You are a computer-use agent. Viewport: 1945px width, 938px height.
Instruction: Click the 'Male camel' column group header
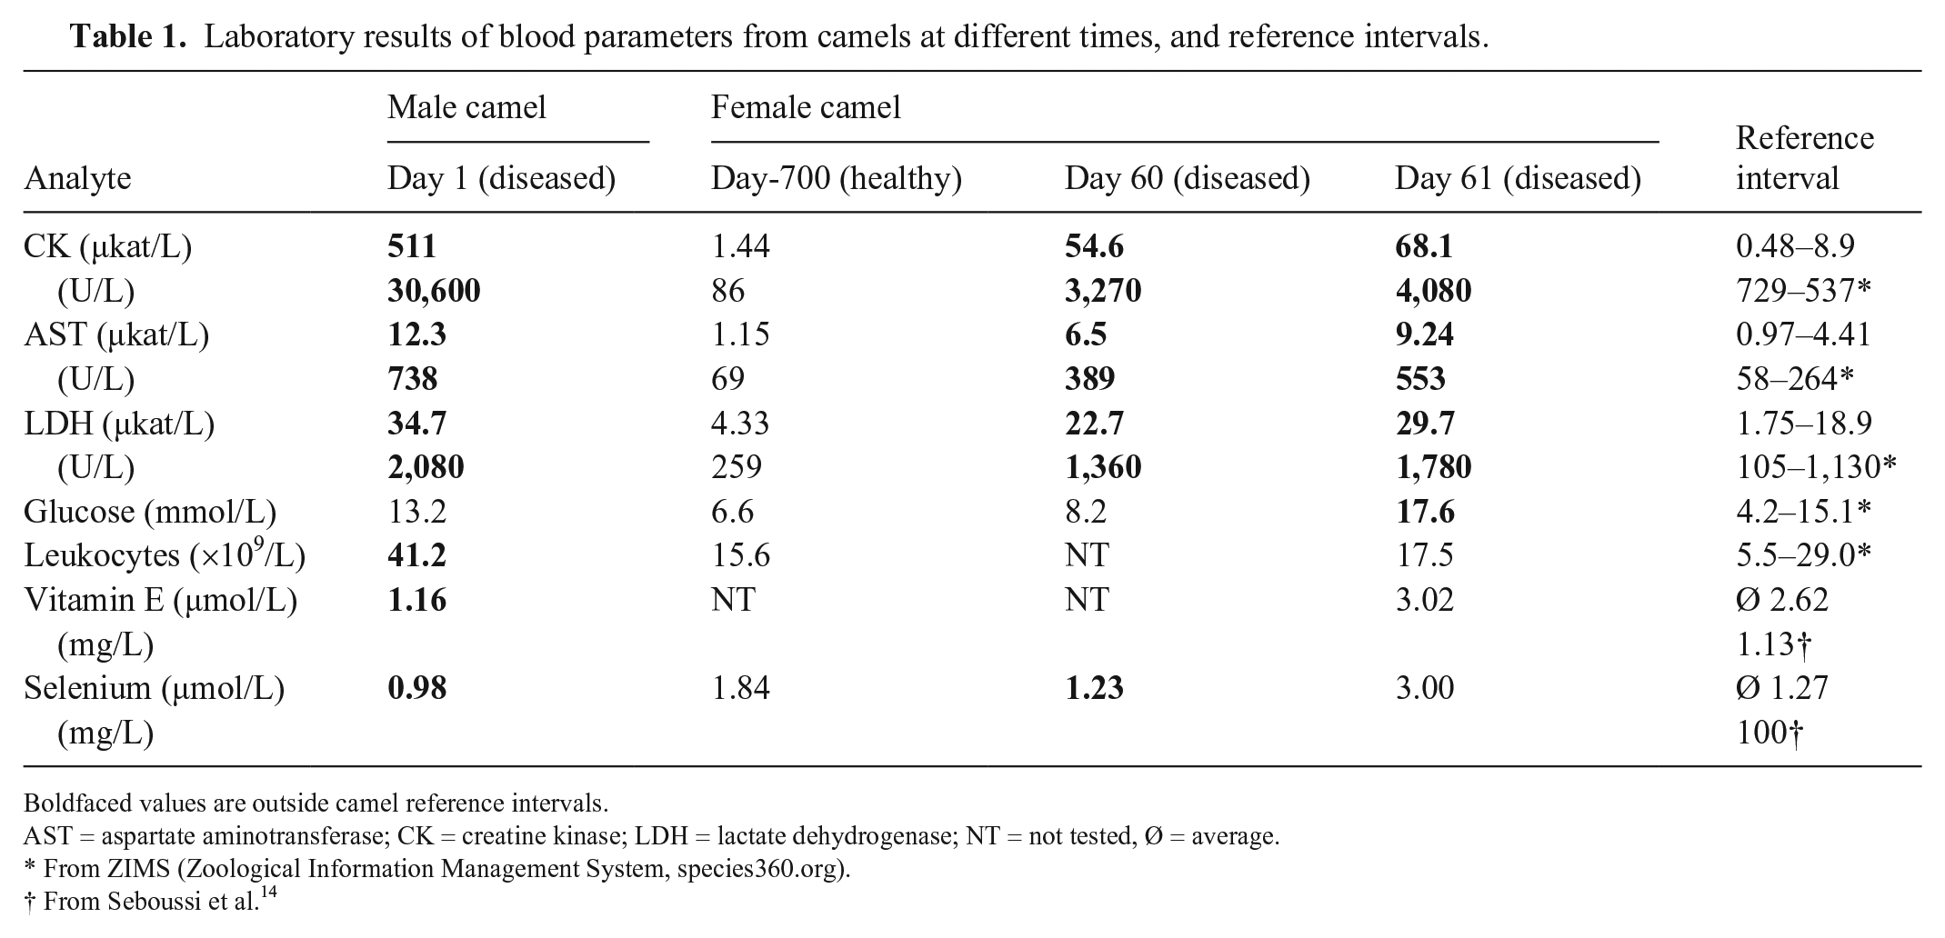(466, 107)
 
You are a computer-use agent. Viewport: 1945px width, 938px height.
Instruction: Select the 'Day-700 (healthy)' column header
(836, 178)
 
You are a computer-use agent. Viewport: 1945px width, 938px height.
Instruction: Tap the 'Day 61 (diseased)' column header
(1518, 178)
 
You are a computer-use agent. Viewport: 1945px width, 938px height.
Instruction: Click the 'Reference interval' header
(1804, 157)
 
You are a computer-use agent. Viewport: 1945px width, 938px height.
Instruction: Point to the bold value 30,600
(434, 291)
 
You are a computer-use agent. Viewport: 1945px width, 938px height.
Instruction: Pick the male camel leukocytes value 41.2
(416, 555)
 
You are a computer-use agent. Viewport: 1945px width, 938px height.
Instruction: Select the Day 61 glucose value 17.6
(1425, 512)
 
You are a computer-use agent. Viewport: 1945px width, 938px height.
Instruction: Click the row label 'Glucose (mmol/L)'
(150, 513)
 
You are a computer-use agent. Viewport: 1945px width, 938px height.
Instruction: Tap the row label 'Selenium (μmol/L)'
(154, 689)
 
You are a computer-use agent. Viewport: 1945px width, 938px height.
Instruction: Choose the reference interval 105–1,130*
(1816, 467)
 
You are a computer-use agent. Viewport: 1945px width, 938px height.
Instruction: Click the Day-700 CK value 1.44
(740, 246)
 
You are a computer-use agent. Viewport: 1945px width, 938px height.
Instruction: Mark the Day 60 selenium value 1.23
(1094, 688)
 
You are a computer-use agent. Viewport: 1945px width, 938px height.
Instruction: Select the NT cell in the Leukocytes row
(1087, 555)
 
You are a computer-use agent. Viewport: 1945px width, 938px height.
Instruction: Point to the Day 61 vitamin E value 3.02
(1425, 600)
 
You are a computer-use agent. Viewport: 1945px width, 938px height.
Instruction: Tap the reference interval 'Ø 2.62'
(1781, 600)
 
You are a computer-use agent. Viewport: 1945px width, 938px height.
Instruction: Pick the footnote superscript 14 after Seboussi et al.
(268, 894)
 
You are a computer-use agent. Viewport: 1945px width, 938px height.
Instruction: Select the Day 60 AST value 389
(1089, 379)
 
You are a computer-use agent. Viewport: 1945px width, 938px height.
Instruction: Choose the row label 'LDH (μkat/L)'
(119, 424)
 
